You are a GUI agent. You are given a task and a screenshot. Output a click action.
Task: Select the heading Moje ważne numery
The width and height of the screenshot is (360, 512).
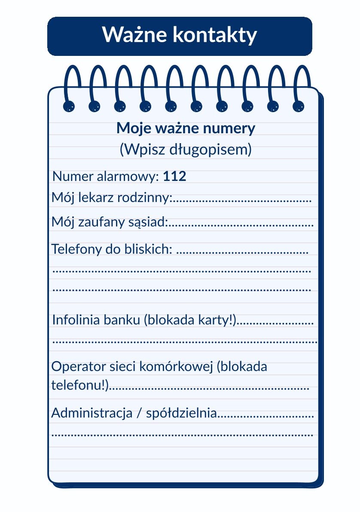click(186, 128)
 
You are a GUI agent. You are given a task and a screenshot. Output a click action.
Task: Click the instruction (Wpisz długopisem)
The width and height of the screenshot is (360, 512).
click(185, 149)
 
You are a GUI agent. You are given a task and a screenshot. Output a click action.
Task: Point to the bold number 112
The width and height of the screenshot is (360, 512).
click(175, 176)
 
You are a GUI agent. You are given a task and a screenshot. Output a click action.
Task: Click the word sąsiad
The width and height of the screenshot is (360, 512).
click(150, 222)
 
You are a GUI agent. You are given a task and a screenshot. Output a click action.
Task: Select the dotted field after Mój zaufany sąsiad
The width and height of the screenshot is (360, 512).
click(241, 224)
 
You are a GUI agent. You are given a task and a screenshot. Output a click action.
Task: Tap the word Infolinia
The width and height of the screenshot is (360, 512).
click(75, 320)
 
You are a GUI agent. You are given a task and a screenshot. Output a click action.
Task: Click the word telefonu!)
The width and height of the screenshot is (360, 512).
click(79, 385)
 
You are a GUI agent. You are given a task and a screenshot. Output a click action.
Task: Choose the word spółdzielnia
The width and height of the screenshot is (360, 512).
click(182, 413)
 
